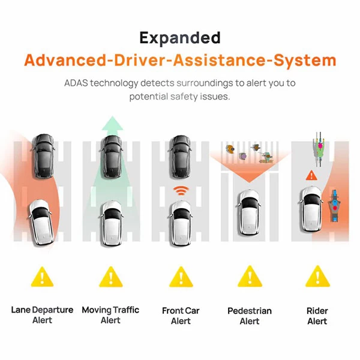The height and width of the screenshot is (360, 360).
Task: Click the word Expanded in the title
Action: (x=180, y=38)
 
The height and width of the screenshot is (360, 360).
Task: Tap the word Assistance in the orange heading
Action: (x=220, y=60)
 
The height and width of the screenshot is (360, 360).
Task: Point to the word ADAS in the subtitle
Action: (x=76, y=83)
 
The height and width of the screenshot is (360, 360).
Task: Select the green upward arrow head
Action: (x=112, y=124)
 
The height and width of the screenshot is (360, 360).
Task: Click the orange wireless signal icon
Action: (x=181, y=191)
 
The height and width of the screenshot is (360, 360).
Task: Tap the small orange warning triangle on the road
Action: (x=311, y=175)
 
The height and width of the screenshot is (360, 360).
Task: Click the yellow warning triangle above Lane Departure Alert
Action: (x=42, y=277)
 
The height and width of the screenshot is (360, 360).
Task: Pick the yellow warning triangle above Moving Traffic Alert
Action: (x=111, y=277)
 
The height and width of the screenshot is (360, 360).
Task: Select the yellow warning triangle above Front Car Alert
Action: (x=181, y=277)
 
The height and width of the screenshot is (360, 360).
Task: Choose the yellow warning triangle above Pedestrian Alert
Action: (x=250, y=277)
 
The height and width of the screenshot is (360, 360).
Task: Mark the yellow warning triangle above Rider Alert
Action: (x=317, y=277)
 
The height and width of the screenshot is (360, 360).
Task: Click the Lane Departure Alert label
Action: (x=42, y=315)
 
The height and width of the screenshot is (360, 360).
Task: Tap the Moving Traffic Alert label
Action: (x=110, y=315)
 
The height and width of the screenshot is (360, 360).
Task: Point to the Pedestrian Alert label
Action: (x=250, y=316)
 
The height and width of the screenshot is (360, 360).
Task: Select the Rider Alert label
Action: (x=317, y=316)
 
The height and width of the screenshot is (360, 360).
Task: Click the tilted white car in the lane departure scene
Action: (x=41, y=222)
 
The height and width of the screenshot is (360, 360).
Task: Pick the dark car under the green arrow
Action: (x=112, y=157)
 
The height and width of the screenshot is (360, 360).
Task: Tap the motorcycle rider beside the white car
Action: (x=335, y=206)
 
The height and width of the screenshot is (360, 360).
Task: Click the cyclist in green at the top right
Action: (x=319, y=149)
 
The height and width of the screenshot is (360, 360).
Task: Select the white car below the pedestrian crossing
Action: (x=249, y=212)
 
